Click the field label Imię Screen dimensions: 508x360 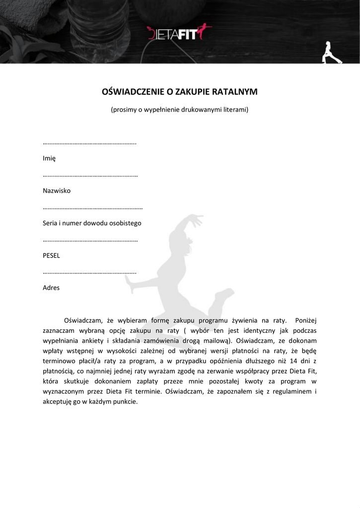[x=49, y=158]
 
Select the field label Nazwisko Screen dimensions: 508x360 [x=57, y=190]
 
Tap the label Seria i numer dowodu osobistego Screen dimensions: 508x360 [x=92, y=223]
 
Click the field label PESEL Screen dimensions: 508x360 [x=52, y=255]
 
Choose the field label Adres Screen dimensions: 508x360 [x=51, y=288]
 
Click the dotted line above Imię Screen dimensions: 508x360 [x=89, y=143]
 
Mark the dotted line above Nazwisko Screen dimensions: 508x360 [x=90, y=176]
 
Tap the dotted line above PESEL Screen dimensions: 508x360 [x=90, y=241]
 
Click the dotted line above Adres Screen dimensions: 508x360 [x=89, y=273]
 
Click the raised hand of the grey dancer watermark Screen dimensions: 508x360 [x=197, y=217]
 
